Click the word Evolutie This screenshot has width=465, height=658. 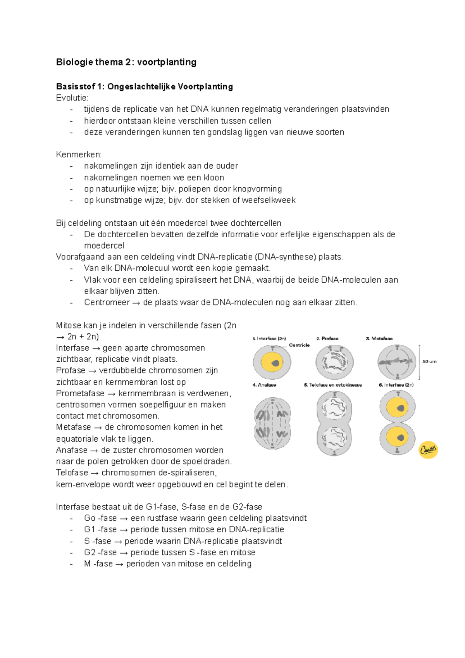(72, 98)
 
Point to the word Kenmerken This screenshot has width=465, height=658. (79, 155)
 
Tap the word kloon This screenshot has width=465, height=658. (214, 178)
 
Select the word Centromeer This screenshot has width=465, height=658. (107, 302)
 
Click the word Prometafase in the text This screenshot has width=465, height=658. (80, 394)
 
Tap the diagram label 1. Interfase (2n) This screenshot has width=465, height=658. (269, 338)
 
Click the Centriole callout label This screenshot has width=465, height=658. (299, 345)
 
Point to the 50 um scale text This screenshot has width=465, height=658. (429, 361)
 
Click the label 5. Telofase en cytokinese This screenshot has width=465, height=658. (333, 385)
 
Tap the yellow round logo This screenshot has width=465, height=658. (428, 450)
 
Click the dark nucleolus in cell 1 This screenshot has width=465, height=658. (276, 363)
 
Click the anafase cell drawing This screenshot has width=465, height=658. (273, 423)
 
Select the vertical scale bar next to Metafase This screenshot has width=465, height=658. (419, 362)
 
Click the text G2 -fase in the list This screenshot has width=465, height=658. (100, 552)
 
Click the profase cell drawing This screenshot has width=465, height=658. (334, 362)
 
